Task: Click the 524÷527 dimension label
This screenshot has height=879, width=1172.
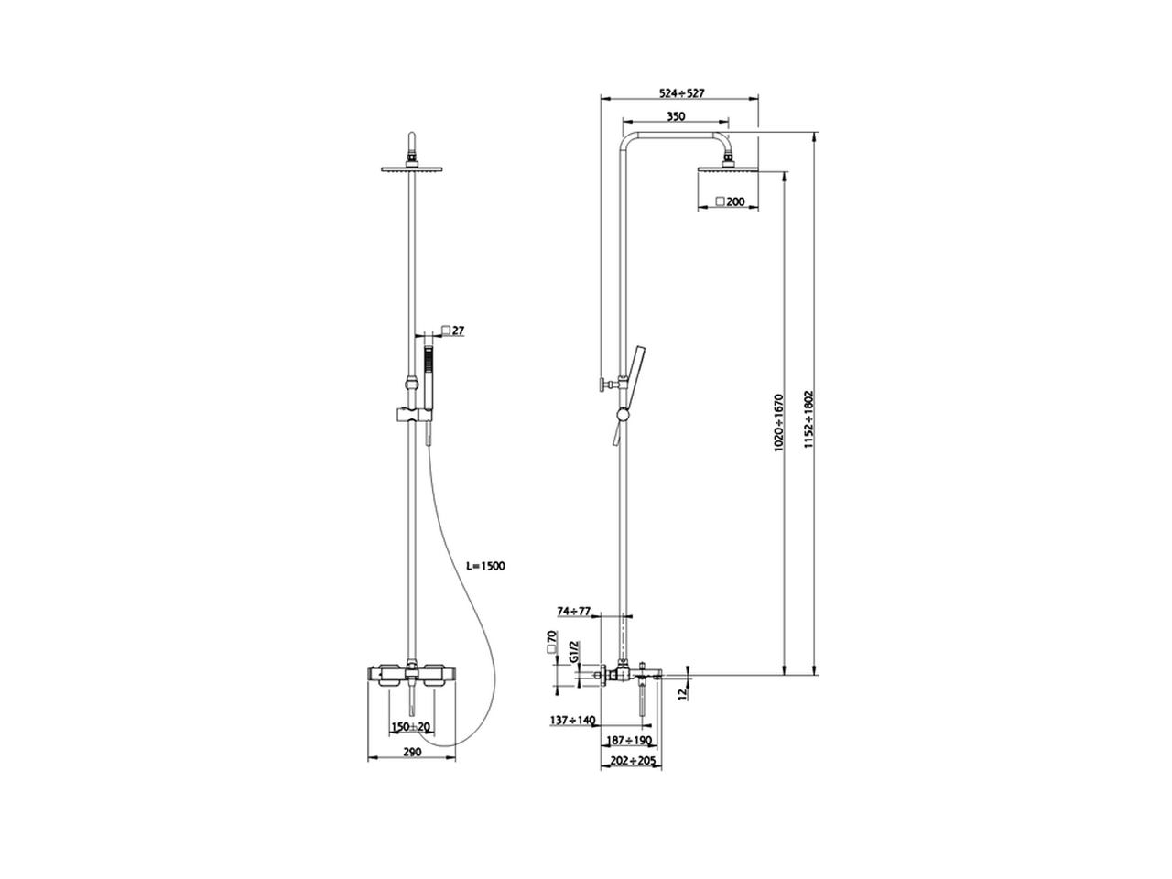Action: [680, 93]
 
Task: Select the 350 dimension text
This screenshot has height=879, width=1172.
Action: [676, 116]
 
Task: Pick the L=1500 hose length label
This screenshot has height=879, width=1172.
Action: [485, 567]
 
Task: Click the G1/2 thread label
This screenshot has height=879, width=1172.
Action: [573, 652]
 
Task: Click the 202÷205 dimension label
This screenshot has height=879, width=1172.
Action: [631, 761]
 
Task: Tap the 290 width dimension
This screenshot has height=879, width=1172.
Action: [412, 752]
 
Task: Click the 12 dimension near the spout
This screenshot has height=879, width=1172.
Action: [681, 694]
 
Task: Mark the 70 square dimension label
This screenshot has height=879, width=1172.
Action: [551, 640]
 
